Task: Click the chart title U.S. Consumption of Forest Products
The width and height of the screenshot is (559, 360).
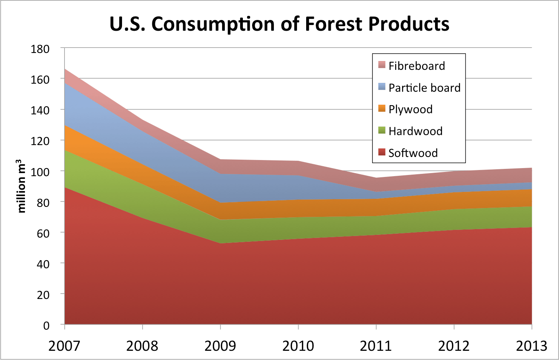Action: [x=279, y=24]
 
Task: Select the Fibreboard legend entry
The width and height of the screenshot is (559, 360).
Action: [x=417, y=66]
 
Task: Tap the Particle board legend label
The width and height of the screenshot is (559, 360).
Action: [x=424, y=88]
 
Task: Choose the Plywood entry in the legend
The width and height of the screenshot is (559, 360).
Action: [x=411, y=109]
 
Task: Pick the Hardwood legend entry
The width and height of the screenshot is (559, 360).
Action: [x=416, y=131]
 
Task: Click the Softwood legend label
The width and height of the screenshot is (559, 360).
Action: [x=413, y=153]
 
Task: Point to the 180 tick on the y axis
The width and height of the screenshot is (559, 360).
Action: [x=40, y=49]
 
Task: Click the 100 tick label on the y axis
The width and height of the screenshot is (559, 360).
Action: [x=40, y=172]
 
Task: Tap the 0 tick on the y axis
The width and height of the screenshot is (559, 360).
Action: [x=46, y=325]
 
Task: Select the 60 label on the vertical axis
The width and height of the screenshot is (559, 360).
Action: [x=43, y=233]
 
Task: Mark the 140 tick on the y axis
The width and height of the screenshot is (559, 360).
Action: [x=40, y=111]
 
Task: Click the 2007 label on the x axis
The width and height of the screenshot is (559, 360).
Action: [x=64, y=346]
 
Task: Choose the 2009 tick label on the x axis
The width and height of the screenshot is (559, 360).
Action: [x=220, y=346]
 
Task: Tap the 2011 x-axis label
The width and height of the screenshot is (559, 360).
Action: [x=376, y=346]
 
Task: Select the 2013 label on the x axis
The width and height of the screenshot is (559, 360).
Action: [x=531, y=346]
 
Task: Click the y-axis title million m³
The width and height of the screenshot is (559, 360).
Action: [x=21, y=186]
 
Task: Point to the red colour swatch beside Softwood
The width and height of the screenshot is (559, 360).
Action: [x=381, y=152]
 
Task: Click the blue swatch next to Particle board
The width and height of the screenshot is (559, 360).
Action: [x=381, y=87]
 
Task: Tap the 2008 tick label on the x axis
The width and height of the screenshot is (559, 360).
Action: [x=142, y=346]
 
